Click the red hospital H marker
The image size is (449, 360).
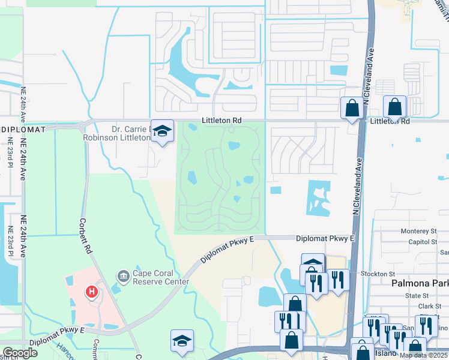pos(92,292)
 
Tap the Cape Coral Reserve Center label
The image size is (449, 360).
pos(161,277)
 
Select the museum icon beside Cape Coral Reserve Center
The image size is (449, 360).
pos(124,276)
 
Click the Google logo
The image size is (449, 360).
pos(20,353)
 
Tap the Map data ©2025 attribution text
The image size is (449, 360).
pos(424,355)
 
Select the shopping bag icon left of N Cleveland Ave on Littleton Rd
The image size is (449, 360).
pos(352,108)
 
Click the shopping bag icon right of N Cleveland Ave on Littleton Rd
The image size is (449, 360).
pos(395,107)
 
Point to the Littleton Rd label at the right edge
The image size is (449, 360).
pos(390,121)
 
